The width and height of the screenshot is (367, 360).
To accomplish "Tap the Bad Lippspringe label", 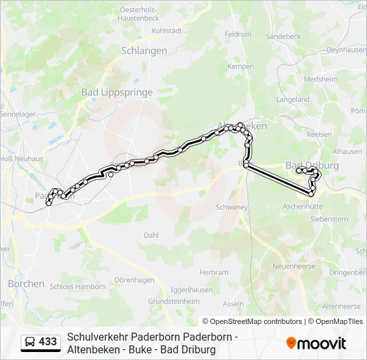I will click(117, 93).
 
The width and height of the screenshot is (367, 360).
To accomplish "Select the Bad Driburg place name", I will click(312, 165).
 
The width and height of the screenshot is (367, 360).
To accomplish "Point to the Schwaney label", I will click(232, 207).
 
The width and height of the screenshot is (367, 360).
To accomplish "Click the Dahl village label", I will click(151, 235).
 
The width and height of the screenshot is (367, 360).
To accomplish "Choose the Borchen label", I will click(26, 283).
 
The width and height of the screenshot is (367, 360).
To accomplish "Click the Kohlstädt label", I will click(167, 31).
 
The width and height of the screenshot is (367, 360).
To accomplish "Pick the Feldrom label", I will click(238, 34).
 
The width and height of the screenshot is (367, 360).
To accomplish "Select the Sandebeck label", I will click(284, 37).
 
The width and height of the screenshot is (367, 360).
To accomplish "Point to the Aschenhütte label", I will click(302, 207).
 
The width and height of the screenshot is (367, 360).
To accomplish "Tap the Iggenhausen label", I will click(192, 290).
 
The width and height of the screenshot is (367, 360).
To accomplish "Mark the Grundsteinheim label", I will click(173, 301).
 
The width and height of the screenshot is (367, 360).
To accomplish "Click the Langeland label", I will click(293, 99).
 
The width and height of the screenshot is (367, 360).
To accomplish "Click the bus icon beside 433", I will click(31, 342).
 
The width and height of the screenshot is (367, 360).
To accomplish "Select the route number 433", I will click(48, 342).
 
